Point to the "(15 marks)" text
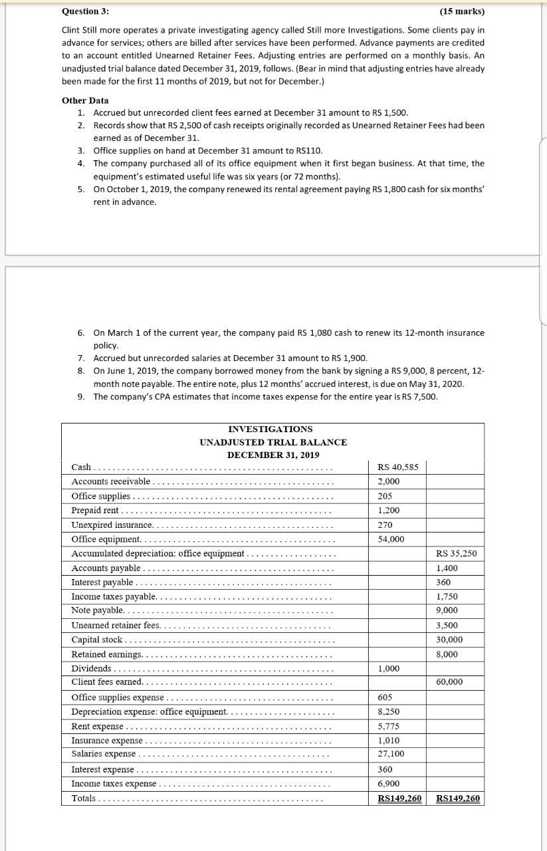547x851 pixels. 462,12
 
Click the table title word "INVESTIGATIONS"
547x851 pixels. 270,429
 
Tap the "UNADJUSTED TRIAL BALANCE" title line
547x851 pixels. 273,442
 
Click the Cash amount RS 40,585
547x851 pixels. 397,467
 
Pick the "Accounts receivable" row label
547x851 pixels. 111,481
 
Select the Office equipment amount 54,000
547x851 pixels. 391,539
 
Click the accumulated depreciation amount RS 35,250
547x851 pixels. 456,553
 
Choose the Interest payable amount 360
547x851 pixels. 443,582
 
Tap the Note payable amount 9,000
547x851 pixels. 447,610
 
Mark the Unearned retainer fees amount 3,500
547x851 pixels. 447,626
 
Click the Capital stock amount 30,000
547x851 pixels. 449,640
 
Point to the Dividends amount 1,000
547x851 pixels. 389,669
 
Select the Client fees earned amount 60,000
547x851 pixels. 449,682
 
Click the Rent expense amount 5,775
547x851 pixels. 389,726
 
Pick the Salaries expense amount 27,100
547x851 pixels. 391,754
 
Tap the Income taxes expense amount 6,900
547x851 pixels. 389,785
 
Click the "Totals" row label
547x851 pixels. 84,798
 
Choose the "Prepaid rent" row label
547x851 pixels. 95,510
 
